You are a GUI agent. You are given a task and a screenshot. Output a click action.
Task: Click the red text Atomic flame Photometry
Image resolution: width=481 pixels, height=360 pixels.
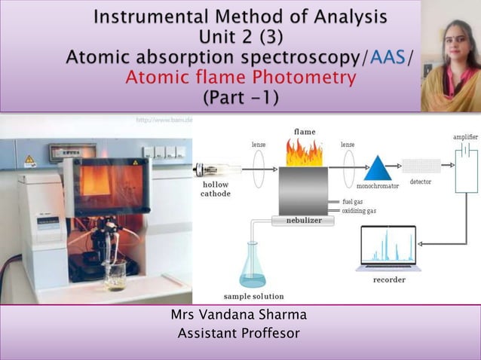click(240, 77)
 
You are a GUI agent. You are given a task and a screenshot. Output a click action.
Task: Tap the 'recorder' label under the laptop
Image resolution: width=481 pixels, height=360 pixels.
click(389, 279)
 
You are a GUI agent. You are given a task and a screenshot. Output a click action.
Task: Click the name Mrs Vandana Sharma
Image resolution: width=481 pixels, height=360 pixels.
click(240, 315)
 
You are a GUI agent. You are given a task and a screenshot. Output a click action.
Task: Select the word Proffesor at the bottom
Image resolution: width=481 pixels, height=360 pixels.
click(268, 332)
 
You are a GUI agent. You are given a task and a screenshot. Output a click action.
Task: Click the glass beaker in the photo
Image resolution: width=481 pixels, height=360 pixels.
click(115, 276)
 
